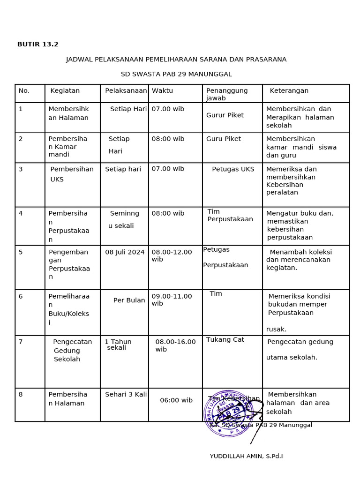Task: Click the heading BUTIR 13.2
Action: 38,45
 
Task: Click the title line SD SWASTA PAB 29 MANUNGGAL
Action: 176,74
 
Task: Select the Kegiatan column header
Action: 65,91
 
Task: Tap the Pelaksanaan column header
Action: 126,91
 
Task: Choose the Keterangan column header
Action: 289,91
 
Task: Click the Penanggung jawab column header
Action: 227,94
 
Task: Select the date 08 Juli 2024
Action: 125,252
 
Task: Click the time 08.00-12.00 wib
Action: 172,255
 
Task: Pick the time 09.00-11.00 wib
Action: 172,300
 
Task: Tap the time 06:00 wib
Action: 176,400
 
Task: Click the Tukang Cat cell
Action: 225,340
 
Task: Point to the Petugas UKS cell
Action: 233,169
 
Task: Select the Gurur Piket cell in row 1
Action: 225,115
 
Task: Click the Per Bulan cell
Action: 129,300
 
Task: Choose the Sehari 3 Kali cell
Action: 126,395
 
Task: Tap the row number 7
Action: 21,342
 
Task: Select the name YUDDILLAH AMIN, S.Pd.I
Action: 246,456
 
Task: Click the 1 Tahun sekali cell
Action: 118,345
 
